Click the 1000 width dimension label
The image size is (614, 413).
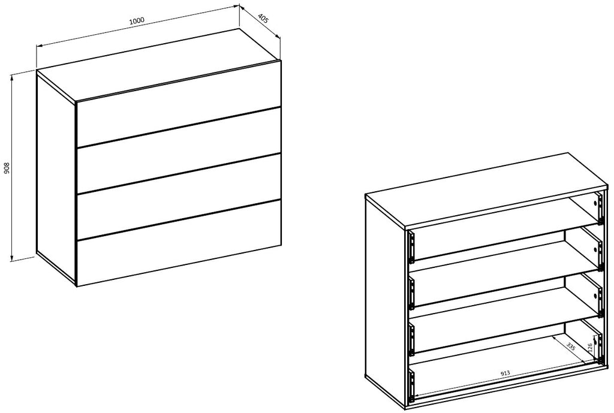click(x=137, y=20)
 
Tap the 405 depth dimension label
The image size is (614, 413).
click(x=263, y=19)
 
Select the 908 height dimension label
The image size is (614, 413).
click(x=7, y=168)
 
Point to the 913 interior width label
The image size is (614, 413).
click(x=505, y=373)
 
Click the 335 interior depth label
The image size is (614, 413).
click(x=571, y=346)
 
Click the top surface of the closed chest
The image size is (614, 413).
click(x=158, y=65)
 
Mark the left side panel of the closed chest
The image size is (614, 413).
click(x=56, y=176)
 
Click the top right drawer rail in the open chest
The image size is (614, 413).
click(x=599, y=209)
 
